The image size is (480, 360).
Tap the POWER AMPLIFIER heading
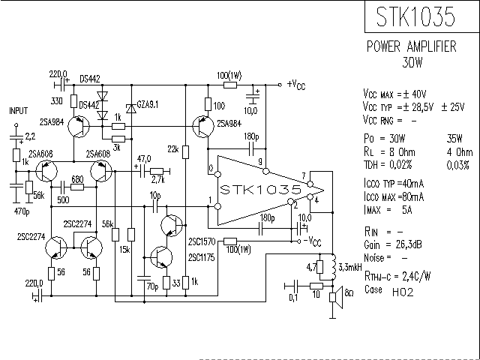[411, 46]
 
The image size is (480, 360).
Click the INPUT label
[18, 109]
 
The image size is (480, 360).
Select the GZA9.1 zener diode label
[145, 103]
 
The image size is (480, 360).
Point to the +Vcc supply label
[295, 85]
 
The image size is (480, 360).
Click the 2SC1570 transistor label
[202, 242]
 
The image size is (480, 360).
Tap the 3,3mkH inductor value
[351, 267]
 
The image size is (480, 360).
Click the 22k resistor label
[173, 150]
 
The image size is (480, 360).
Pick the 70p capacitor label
[151, 286]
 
